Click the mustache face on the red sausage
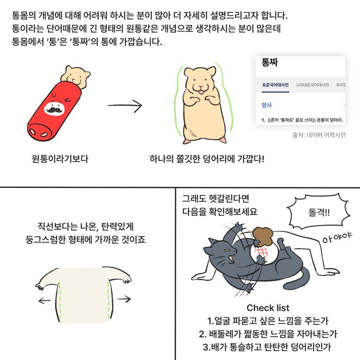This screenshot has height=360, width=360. click(54, 108)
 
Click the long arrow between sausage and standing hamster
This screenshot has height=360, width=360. click(124, 105)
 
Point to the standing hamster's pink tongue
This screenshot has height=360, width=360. click(201, 92)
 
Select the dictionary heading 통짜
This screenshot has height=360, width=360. click(270, 62)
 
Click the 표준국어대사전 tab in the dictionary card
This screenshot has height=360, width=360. click(275, 85)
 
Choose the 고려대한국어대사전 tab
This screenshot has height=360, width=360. click(312, 85)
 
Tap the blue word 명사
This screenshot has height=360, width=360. click(266, 105)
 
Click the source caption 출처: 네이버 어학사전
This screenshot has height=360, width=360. click(319, 135)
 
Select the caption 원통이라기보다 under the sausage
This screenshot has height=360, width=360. click(60, 159)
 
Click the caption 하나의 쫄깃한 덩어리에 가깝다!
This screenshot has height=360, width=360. click(207, 159)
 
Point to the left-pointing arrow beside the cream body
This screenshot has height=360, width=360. click(44, 300)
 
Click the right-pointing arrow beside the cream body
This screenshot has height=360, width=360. click(124, 299)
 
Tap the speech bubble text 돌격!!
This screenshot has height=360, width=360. click(319, 212)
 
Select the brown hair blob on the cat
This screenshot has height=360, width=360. click(263, 236)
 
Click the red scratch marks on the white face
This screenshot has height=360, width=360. click(261, 253)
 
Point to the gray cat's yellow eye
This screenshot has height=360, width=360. click(227, 250)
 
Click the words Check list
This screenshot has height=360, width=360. click(268, 308)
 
